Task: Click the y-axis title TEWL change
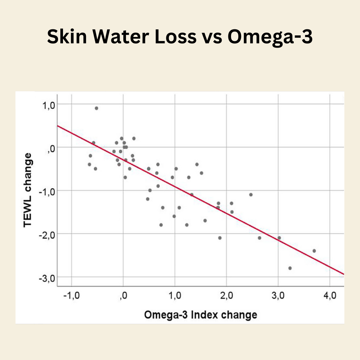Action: [28, 190]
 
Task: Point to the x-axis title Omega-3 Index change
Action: [200, 315]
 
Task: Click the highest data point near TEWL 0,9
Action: [96, 108]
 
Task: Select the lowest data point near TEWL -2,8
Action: [290, 268]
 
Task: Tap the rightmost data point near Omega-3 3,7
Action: [314, 251]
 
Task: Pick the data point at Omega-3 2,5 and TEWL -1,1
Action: [251, 195]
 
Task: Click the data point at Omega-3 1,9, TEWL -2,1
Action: [220, 238]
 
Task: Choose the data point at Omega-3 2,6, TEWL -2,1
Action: [259, 238]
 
